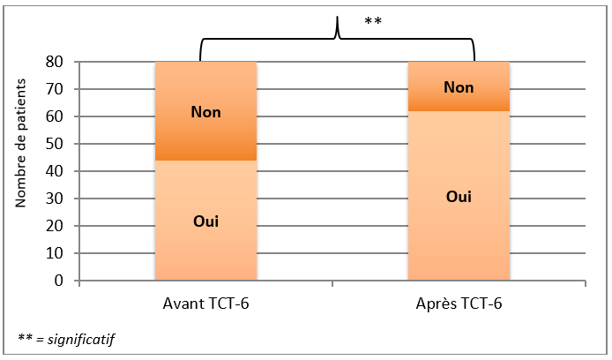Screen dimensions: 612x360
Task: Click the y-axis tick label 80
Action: (55, 62)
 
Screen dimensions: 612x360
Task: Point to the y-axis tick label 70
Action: (55, 89)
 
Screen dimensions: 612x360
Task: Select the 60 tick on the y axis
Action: (55, 116)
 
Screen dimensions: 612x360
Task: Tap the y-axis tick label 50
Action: (55, 144)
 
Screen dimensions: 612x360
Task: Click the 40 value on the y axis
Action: (55, 171)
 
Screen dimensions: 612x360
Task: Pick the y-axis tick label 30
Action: (55, 199)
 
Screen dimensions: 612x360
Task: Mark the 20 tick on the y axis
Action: (55, 226)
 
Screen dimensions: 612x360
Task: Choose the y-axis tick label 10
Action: (55, 253)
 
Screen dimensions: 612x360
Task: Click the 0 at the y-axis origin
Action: (58, 281)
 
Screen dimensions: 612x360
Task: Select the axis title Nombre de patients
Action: (20, 143)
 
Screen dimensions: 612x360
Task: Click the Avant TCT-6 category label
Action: (205, 304)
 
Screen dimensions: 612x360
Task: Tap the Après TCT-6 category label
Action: (459, 304)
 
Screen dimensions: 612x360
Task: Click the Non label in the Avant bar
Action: (205, 112)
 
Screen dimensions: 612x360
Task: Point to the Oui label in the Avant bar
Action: (205, 221)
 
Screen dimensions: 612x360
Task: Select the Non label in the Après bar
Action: (459, 87)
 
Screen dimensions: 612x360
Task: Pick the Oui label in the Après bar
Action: (459, 197)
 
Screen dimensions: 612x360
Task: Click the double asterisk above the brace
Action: (373, 20)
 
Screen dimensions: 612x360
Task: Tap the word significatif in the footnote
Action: (81, 340)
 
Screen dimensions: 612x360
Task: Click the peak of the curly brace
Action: (337, 17)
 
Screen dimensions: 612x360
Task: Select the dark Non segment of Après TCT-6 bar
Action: (459, 86)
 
